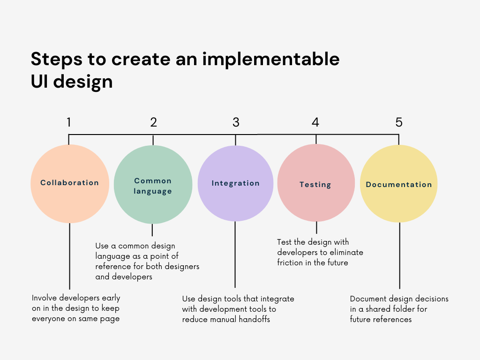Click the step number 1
(69, 122)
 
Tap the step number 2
(153, 122)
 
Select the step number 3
(236, 122)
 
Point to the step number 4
(315, 122)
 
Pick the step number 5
(399, 122)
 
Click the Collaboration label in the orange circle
(69, 183)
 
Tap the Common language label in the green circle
(153, 186)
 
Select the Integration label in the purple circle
(235, 183)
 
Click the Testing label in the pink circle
(315, 185)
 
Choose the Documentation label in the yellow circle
(399, 185)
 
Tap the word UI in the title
(39, 82)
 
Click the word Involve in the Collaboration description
(45, 298)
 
